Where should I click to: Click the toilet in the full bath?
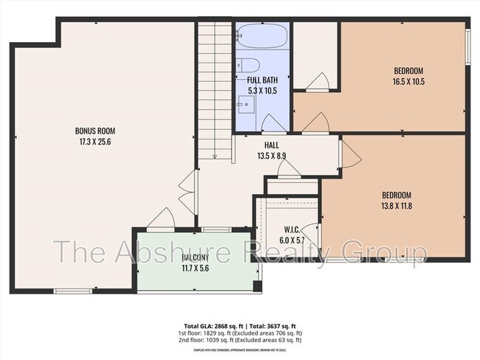tap(247, 64)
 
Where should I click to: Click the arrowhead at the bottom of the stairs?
tap(214, 156)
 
